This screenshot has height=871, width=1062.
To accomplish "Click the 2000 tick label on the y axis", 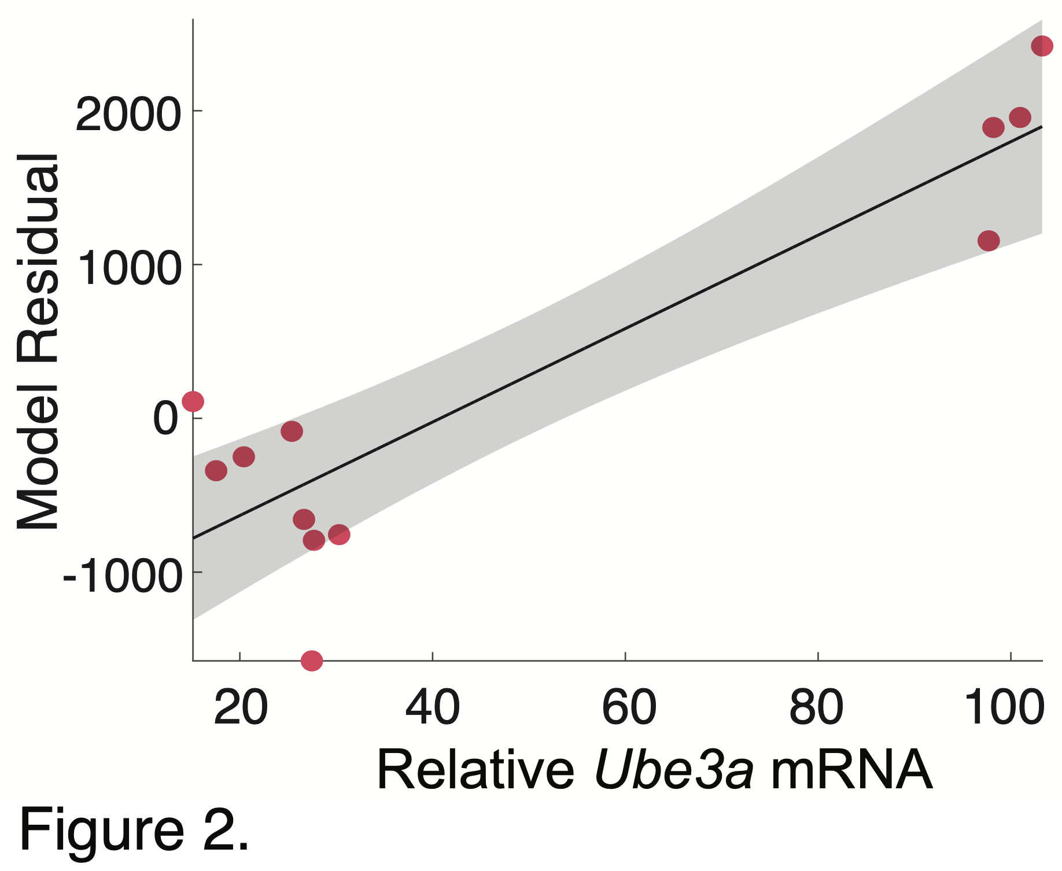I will tap(126, 115).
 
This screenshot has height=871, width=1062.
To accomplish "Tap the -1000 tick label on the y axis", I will tap(121, 576).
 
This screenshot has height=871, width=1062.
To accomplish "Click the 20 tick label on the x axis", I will tap(241, 708).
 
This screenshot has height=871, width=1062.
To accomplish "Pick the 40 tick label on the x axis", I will tap(433, 708).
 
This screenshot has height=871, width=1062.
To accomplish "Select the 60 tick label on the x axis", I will tap(629, 708).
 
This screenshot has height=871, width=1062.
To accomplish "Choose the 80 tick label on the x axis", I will tap(816, 708).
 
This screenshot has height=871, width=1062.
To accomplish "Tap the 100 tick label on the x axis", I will tap(1005, 708).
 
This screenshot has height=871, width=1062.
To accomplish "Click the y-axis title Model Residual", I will tap(38, 341).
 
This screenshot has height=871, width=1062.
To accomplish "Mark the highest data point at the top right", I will tap(1042, 46).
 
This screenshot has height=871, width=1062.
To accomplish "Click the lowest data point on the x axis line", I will tap(312, 660).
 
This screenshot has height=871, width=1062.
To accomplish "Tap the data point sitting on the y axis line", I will tap(193, 401).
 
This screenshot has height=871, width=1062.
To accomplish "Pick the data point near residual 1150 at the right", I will tap(989, 241).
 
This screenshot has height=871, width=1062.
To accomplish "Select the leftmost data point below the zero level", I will tap(216, 471).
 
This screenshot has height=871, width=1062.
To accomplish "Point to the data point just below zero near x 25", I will tap(292, 431).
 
